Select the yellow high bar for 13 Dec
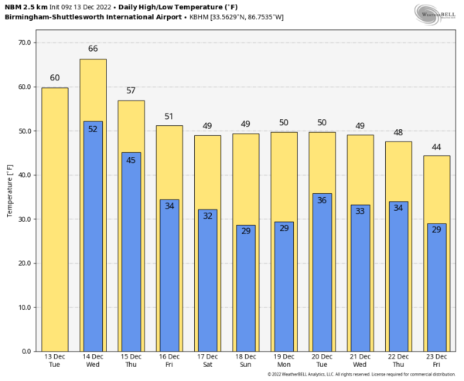pyautogui.click(x=54, y=220)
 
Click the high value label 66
pyautogui.click(x=93, y=49)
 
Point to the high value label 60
pyautogui.click(x=54, y=77)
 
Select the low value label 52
pyautogui.click(x=93, y=129)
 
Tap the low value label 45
pyautogui.click(x=131, y=160)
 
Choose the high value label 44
pyautogui.click(x=435, y=146)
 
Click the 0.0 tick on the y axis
pyautogui.click(x=26, y=351)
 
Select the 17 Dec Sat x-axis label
pyautogui.click(x=207, y=361)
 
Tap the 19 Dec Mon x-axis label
pyautogui.click(x=283, y=361)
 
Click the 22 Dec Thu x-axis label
pyautogui.click(x=397, y=361)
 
